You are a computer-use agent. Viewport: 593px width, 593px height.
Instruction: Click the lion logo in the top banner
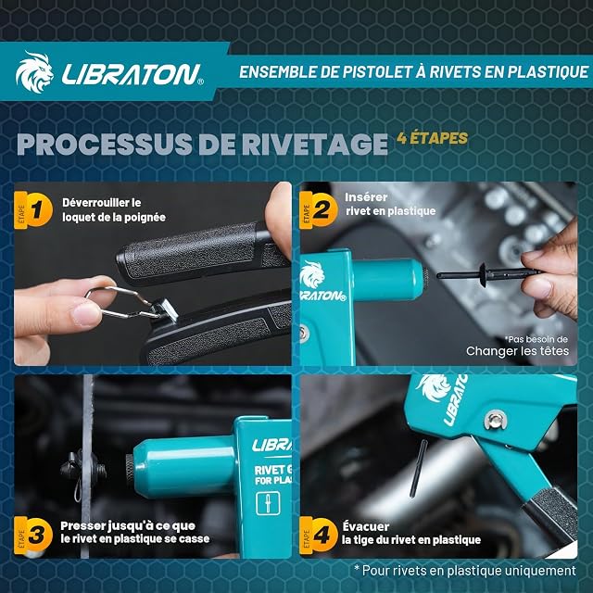[x=33, y=72]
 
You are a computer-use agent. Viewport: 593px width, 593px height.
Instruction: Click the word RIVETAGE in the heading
[x=315, y=144]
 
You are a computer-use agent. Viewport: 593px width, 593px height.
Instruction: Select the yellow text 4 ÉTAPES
[x=433, y=138]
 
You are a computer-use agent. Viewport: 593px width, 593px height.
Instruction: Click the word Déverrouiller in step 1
[x=96, y=203]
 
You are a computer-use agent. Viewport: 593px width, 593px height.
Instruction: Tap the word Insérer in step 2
[x=366, y=197]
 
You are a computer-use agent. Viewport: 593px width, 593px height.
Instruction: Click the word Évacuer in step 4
[x=366, y=525]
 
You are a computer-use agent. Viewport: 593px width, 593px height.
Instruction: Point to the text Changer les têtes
[x=517, y=351]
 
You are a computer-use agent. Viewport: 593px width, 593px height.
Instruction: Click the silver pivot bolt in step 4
[x=497, y=421]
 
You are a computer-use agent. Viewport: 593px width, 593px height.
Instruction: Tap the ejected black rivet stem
[x=419, y=468]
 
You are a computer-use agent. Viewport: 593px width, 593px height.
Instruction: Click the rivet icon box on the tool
[x=268, y=503]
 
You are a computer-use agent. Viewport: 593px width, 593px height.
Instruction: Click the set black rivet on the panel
[x=82, y=470]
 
